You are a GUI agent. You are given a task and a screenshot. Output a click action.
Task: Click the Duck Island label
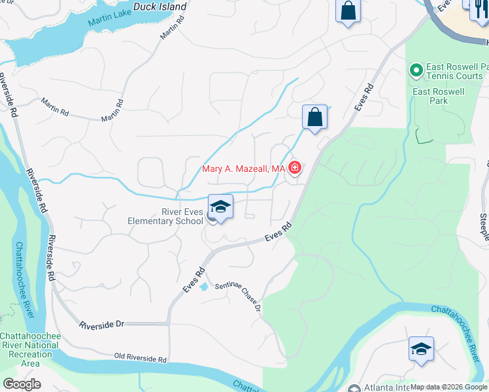160,7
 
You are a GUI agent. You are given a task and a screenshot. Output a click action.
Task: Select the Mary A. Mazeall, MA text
243,169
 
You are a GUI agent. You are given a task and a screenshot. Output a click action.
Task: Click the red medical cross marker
295,169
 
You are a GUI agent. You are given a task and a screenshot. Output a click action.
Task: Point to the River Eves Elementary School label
165,216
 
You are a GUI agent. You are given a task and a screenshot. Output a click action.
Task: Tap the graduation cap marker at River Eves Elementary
220,207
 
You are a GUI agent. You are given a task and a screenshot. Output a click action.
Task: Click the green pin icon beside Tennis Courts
415,69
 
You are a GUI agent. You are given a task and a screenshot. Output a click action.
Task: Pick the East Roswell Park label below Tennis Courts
438,97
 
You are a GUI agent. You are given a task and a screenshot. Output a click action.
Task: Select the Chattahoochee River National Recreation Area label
30,350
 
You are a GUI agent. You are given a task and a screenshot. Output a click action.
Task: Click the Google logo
21,384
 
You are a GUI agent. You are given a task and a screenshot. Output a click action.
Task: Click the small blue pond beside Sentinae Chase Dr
203,286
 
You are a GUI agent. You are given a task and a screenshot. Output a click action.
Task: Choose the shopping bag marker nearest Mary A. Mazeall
314,118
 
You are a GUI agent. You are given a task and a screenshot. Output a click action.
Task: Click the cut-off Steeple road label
484,229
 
